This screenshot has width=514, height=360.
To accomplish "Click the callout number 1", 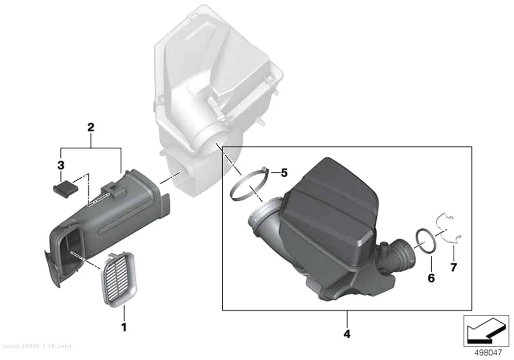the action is [x=123, y=327].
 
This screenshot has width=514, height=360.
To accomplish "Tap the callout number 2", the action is [x=91, y=127].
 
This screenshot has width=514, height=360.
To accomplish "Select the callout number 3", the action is [x=61, y=166].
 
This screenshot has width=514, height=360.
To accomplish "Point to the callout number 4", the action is [x=347, y=334].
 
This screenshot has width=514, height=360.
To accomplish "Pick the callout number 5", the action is [x=284, y=173].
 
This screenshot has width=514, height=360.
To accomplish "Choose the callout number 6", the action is [x=431, y=278].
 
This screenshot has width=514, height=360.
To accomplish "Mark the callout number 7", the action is [x=453, y=267].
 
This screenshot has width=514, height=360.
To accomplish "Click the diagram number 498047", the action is [x=488, y=353].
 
